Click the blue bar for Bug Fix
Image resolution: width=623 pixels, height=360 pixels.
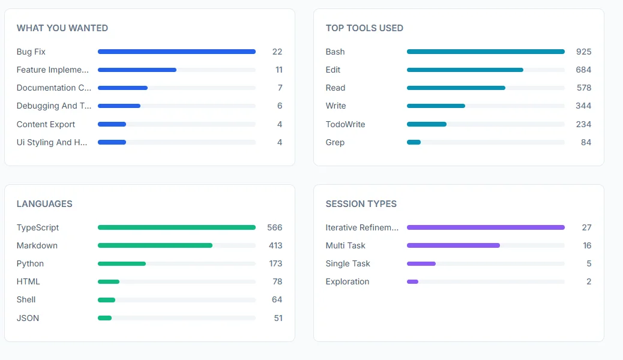tap(176, 52)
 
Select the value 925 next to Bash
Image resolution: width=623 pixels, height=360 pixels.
tap(583, 52)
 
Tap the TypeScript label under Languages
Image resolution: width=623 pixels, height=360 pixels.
tap(38, 227)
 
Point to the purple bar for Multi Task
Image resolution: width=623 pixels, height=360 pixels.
tap(453, 245)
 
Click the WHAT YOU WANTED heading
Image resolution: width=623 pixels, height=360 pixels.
tap(62, 28)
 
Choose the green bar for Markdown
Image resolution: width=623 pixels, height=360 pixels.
tap(155, 245)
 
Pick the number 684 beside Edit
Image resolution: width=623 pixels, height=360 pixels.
tap(583, 70)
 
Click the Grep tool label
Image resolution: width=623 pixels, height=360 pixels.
tap(335, 142)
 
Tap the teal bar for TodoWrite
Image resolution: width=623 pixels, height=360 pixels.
tap(427, 124)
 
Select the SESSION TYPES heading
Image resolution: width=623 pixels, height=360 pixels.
tap(361, 204)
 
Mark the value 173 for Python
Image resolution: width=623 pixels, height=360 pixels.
tap(275, 263)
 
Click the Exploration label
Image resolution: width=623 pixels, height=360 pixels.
tap(348, 281)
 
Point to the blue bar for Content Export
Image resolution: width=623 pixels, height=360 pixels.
tap(112, 124)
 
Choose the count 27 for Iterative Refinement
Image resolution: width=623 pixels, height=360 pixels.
tap(586, 227)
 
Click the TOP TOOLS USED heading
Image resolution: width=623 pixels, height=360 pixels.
tap(364, 28)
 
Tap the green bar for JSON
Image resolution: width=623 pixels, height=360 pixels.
tap(105, 318)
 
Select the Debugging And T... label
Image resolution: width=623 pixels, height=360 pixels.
tap(54, 106)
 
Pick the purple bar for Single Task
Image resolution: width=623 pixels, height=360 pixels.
tap(421, 263)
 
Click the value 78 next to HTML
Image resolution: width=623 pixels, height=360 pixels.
tap(277, 281)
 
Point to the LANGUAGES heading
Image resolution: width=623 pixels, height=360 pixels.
tap(44, 204)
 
